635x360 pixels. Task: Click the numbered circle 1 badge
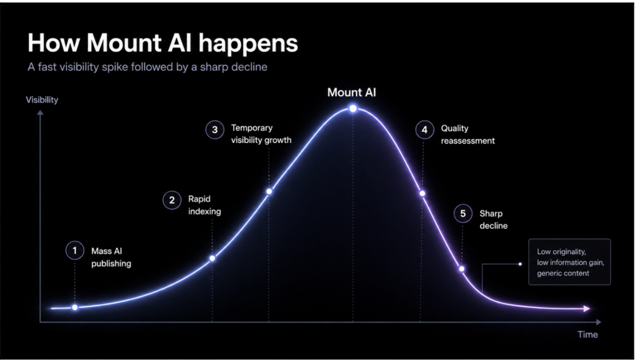75,251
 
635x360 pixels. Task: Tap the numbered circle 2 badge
172,200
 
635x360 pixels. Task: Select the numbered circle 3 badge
215,129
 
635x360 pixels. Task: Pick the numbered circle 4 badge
424,129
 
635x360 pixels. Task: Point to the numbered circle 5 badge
463,213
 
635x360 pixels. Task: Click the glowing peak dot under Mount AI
353,108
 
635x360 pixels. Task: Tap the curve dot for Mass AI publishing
75,308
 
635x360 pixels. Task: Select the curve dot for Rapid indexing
212,258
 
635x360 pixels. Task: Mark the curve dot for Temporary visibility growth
269,191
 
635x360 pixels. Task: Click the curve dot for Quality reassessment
422,194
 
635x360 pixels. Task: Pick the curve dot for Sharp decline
462,269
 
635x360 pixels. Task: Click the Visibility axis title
42,100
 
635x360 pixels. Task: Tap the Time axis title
588,335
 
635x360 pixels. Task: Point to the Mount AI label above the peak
351,92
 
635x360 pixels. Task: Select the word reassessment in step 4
468,141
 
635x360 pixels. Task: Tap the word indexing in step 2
205,211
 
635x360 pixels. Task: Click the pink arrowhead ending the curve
587,309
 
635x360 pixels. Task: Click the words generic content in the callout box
563,273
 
